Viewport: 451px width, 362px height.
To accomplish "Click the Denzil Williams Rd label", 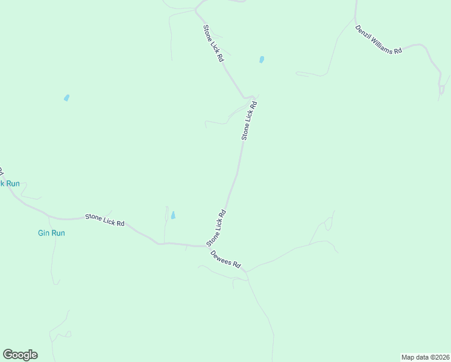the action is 378,40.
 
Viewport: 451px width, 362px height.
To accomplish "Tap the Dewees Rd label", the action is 226,259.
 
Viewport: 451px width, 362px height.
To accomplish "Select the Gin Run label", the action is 51,233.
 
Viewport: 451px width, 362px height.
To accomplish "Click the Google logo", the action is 20,355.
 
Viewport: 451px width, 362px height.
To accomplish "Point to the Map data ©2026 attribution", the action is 425,357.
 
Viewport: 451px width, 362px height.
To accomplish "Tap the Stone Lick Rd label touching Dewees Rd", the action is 216,227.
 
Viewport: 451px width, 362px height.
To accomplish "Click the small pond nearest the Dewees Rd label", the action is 173,215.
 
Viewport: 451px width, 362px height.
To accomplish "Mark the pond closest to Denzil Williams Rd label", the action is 261,60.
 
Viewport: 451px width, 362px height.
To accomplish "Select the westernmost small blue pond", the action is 66,98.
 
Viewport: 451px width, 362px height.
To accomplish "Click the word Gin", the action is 43,233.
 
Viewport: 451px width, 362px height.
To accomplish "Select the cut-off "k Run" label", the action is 10,183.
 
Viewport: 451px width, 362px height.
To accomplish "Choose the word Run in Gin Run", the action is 58,233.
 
